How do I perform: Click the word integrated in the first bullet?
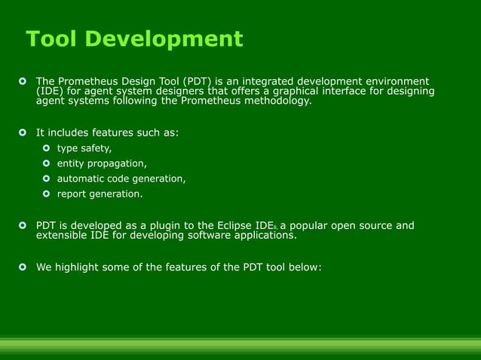(x=262, y=81)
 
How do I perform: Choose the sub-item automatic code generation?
(x=121, y=178)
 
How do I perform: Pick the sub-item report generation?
(x=100, y=194)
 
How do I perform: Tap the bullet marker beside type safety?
(x=47, y=148)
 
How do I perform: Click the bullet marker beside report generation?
(x=47, y=194)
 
